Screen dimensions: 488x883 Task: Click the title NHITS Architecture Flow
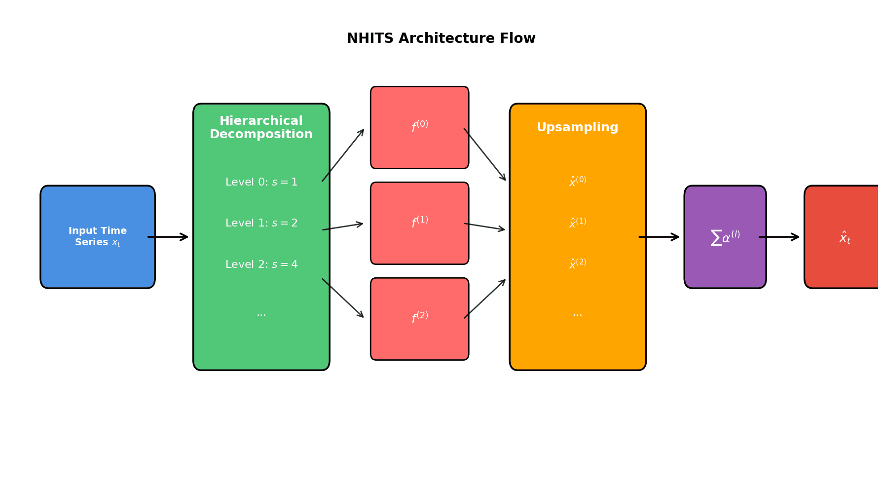coord(441,38)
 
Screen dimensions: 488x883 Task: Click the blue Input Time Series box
coord(98,237)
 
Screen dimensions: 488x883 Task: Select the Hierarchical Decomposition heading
coord(261,128)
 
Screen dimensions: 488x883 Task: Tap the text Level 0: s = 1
coord(261,182)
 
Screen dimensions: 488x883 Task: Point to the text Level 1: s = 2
coord(261,223)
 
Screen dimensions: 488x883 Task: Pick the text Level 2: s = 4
coord(261,264)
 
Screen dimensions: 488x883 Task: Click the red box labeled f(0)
coord(420,127)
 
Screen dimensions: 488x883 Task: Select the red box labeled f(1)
coord(420,223)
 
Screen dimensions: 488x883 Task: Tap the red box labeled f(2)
coord(420,319)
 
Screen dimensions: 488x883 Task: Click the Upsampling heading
coord(577,127)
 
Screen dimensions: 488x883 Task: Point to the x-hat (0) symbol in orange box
coord(578,182)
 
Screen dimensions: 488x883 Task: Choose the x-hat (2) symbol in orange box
coord(578,264)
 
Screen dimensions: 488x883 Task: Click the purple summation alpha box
coord(725,237)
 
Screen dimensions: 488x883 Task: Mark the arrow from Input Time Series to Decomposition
coord(168,237)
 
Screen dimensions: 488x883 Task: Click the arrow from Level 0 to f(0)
coord(343,155)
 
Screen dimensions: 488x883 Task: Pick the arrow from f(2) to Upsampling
coord(485,299)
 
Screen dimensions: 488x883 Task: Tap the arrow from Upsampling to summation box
coord(660,237)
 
